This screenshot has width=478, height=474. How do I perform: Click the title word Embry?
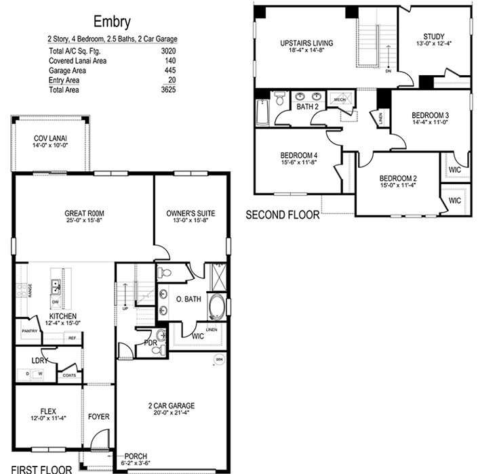(112, 22)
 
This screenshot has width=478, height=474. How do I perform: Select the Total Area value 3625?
(168, 89)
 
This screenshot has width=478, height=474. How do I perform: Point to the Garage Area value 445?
(170, 70)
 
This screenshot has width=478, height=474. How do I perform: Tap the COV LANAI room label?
(50, 139)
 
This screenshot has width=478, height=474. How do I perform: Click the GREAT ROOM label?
(84, 213)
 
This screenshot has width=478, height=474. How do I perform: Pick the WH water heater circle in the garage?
(219, 360)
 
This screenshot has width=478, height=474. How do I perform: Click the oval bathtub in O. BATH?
(217, 307)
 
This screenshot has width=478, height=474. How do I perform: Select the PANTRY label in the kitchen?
(30, 331)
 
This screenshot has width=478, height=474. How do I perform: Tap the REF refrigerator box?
(73, 338)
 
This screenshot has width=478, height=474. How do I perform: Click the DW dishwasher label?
(55, 302)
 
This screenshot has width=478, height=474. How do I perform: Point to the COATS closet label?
(69, 375)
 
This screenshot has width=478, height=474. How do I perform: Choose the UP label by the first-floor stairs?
(125, 308)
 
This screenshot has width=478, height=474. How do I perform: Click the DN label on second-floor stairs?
(388, 71)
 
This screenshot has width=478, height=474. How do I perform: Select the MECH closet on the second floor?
(340, 100)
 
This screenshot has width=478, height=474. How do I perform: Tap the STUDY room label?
(434, 37)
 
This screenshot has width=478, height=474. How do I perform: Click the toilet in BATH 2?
(279, 98)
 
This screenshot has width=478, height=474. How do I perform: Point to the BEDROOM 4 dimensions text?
(299, 163)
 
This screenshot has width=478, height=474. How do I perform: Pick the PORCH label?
(136, 456)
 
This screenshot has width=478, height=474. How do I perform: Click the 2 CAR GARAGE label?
(172, 406)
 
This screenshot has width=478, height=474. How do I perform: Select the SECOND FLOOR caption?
(283, 215)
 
